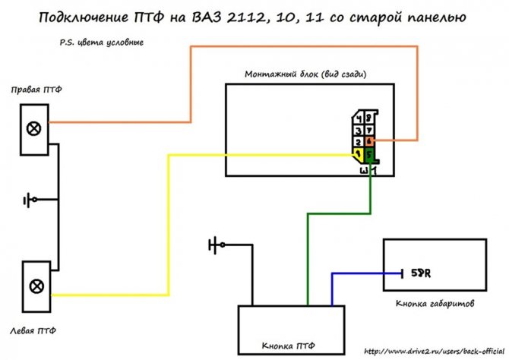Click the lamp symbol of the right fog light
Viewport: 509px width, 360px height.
34,128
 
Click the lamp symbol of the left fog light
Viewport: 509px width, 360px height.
34,286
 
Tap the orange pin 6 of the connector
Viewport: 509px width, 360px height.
369,141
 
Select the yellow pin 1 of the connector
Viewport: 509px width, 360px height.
357,154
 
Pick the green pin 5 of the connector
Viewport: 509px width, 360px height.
369,154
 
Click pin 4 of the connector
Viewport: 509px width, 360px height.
359,118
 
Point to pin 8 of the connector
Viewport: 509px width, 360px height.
370,118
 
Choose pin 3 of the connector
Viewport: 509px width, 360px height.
358,130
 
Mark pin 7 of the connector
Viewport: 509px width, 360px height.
370,130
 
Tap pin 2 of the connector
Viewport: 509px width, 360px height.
358,142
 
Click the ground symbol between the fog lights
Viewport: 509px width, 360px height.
30,201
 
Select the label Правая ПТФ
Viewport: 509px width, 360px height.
36,90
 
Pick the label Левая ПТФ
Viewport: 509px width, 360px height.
34,331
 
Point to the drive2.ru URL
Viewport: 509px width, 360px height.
434,352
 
